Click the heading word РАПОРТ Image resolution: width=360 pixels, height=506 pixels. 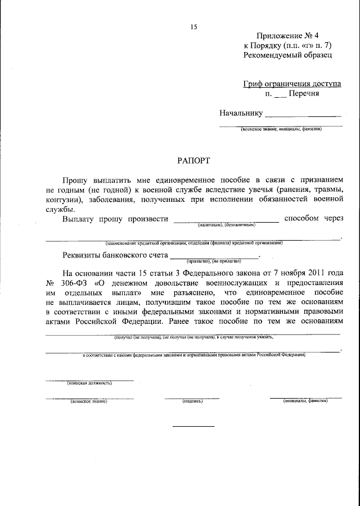[x=194, y=160]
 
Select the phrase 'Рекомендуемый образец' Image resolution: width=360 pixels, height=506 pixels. [x=287, y=56]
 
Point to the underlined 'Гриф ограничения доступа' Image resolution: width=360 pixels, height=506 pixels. [x=292, y=84]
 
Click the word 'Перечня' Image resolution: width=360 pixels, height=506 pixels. [x=304, y=94]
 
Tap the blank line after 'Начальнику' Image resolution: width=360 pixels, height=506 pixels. [x=303, y=116]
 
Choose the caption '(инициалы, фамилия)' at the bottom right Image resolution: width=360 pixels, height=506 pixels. [x=305, y=401]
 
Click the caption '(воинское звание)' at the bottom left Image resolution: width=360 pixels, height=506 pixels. [x=89, y=401]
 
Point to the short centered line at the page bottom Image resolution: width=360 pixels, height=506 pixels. [x=193, y=426]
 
